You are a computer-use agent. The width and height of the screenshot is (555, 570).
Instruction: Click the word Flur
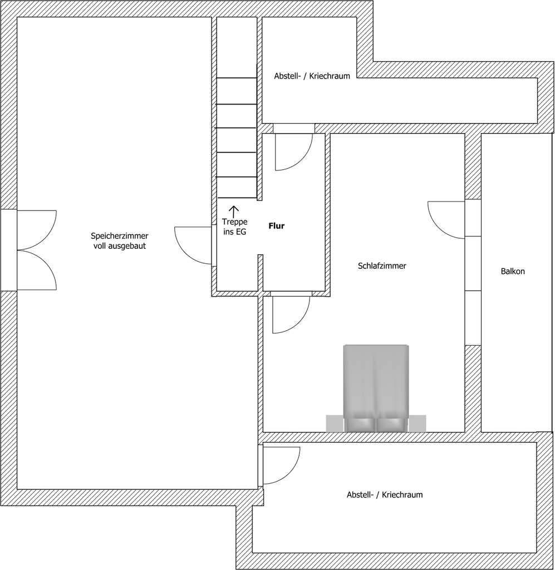(x=277, y=227)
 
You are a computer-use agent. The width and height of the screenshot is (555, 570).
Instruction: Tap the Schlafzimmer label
(x=382, y=266)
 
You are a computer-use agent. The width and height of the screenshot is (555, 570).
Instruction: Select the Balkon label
(x=513, y=272)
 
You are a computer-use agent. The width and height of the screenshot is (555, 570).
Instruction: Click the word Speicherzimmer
(x=120, y=236)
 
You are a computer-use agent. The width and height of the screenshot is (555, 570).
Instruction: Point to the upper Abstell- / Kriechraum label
(x=312, y=76)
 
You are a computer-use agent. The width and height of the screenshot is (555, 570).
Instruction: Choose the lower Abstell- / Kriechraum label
(x=385, y=494)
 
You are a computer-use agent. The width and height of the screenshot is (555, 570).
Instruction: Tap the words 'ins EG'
(x=234, y=233)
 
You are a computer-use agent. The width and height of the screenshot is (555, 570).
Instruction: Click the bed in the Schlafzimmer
(x=376, y=384)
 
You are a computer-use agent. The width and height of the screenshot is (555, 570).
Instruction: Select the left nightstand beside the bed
(x=335, y=424)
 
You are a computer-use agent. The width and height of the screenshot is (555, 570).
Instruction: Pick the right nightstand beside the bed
(x=418, y=424)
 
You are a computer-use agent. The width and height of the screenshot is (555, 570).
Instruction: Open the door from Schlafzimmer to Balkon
(x=447, y=219)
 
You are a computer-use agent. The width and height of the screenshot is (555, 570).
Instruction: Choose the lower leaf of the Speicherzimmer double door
(x=37, y=271)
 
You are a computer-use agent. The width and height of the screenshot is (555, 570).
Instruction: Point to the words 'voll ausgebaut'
(x=120, y=245)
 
